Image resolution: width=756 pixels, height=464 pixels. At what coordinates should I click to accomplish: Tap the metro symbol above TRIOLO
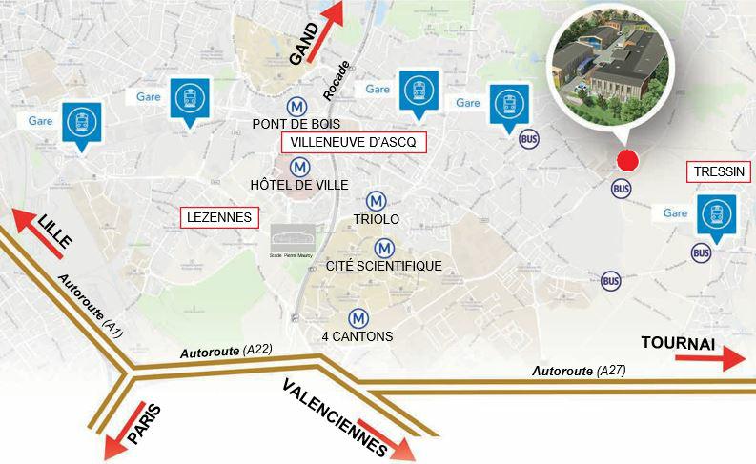[x=377, y=201]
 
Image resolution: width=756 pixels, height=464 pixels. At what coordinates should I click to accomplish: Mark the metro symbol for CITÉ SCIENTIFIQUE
[x=383, y=248]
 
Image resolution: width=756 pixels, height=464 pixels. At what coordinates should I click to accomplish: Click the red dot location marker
[x=625, y=160]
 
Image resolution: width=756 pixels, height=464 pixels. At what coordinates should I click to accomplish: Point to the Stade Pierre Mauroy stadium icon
[x=290, y=237]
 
